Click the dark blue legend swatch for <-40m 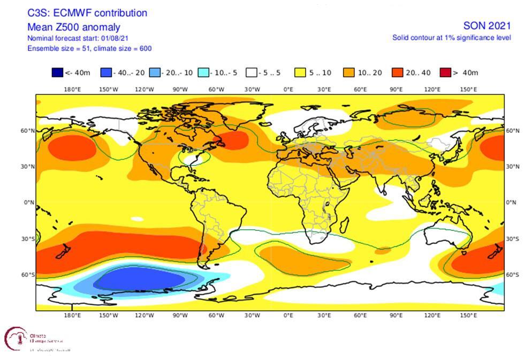click(x=57, y=73)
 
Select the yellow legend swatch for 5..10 click(x=300, y=73)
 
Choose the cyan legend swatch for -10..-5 click(x=204, y=73)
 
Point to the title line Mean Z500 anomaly click(x=74, y=27)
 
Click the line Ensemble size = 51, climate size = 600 click(x=89, y=48)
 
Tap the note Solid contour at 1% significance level click(x=451, y=37)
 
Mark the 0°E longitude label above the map click(x=288, y=89)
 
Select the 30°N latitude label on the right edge click(x=512, y=167)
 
